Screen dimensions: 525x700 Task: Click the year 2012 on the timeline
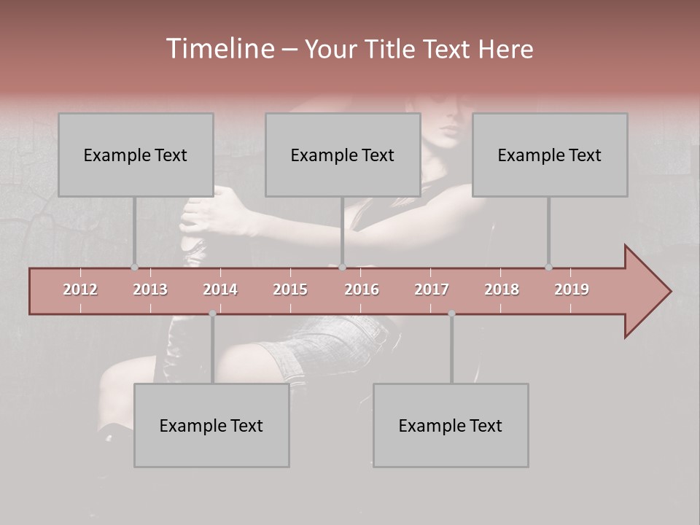(80, 289)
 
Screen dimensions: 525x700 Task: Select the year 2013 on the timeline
(150, 289)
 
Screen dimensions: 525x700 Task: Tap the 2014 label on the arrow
(220, 289)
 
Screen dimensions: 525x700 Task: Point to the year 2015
(290, 289)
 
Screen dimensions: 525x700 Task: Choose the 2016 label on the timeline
(362, 289)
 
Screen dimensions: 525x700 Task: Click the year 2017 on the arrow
(432, 289)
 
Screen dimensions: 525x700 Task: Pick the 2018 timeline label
(502, 289)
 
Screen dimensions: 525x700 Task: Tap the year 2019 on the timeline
(572, 289)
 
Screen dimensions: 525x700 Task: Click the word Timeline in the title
(219, 49)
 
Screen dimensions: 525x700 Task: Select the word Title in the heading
(393, 50)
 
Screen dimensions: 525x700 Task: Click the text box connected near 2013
(136, 155)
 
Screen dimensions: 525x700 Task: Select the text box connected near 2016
(343, 155)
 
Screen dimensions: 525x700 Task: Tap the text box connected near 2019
(550, 155)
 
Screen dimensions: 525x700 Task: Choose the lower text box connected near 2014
(211, 425)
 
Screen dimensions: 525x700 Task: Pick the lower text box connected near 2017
(451, 425)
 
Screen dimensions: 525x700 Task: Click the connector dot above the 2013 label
(134, 267)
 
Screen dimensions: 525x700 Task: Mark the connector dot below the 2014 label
(212, 314)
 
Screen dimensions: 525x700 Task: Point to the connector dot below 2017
(451, 314)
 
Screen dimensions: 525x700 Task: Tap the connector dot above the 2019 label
(548, 267)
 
